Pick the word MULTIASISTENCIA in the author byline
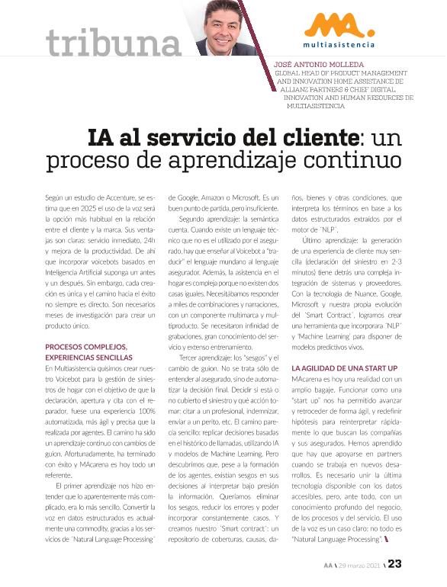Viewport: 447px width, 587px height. click(316, 106)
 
